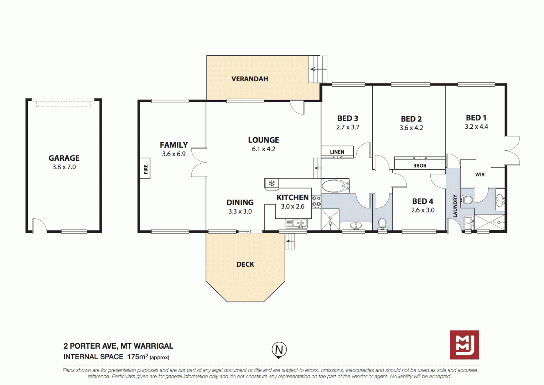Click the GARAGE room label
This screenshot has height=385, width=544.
pyautogui.click(x=64, y=158)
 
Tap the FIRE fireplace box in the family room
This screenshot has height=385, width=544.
pyautogui.click(x=145, y=169)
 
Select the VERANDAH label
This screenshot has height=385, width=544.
pyautogui.click(x=249, y=79)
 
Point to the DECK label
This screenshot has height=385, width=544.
pyautogui.click(x=245, y=264)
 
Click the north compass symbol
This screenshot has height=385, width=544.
pyautogui.click(x=279, y=350)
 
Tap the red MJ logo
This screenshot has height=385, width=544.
pyautogui.click(x=464, y=345)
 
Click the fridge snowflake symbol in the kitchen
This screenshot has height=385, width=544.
pyautogui.click(x=272, y=184)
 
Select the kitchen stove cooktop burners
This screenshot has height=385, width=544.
pyautogui.click(x=316, y=201)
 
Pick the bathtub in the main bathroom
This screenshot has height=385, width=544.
pyautogui.click(x=335, y=186)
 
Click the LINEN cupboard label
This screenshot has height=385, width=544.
pyautogui.click(x=337, y=152)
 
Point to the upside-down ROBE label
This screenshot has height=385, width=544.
pyautogui.click(x=420, y=165)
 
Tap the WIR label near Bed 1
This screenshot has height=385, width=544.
pyautogui.click(x=480, y=174)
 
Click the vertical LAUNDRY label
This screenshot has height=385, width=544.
pyautogui.click(x=455, y=206)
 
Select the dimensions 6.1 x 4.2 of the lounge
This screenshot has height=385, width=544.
pyautogui.click(x=263, y=149)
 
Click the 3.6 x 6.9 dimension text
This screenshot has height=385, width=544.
pyautogui.click(x=173, y=154)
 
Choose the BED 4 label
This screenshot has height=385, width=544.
pyautogui.click(x=423, y=201)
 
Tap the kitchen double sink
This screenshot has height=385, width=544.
pyautogui.click(x=296, y=224)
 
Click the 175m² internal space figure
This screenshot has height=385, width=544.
pyautogui.click(x=138, y=356)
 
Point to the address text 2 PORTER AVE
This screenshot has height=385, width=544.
pyautogui.click(x=90, y=346)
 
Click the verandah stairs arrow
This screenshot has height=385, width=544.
pyautogui.click(x=318, y=69)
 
